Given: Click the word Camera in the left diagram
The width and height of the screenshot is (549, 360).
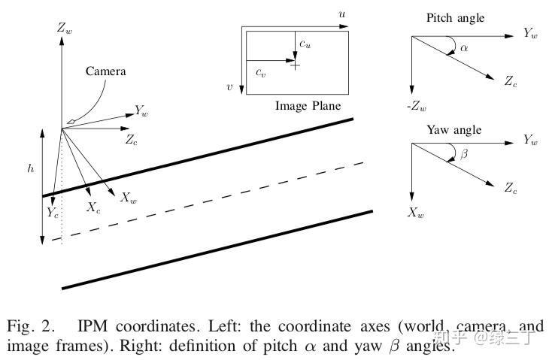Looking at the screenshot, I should tap(105, 72).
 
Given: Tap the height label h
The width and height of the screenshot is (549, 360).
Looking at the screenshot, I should tap(30, 169).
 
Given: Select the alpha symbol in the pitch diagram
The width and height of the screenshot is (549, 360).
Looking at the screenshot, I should tap(464, 48).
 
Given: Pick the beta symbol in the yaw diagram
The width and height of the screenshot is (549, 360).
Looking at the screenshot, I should tap(464, 155).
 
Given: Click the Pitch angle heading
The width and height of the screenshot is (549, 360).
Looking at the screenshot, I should tap(456, 17).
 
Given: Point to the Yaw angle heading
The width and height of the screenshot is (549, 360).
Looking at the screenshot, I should tap(453, 130).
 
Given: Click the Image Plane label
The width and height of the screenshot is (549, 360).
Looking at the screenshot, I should tap(308, 106).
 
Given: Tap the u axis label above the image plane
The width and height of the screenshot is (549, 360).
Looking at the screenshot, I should tap(342, 14).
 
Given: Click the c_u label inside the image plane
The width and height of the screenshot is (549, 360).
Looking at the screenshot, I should tap(305, 44).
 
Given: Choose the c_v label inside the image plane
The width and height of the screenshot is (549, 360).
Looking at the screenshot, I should tap(260, 72).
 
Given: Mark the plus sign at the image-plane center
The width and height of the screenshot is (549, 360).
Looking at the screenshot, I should tap(295, 65).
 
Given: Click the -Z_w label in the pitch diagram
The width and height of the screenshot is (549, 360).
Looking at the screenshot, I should tap(417, 106).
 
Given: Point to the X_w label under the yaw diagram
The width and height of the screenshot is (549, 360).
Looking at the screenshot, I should tap(416, 213).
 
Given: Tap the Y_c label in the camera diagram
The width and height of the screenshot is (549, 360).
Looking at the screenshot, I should tap(52, 213).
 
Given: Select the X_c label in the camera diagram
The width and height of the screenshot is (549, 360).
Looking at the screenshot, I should tap(93, 208).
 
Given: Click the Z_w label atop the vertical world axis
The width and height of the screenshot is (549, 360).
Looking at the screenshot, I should tap(65, 28).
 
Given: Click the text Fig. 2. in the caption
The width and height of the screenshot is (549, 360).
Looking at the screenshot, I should tap(32, 328).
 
